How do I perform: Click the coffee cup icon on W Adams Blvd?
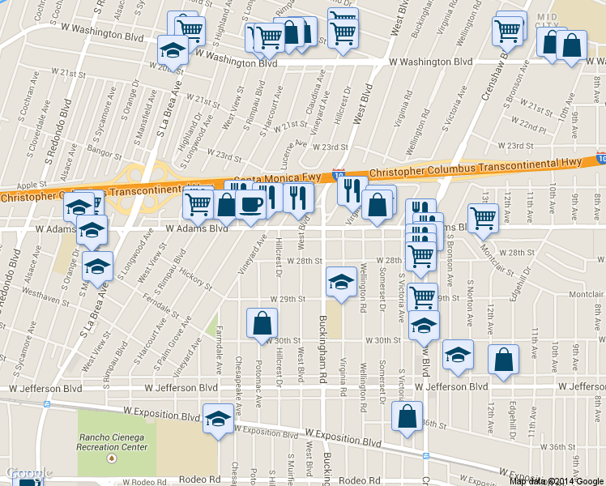pyautogui.click(x=251, y=205)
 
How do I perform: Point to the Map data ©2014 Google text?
pyautogui.click(x=556, y=480)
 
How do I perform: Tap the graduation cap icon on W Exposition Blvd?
pyautogui.click(x=217, y=419)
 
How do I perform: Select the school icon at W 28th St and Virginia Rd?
pyautogui.click(x=340, y=282)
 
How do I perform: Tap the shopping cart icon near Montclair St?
pyautogui.click(x=483, y=217)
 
